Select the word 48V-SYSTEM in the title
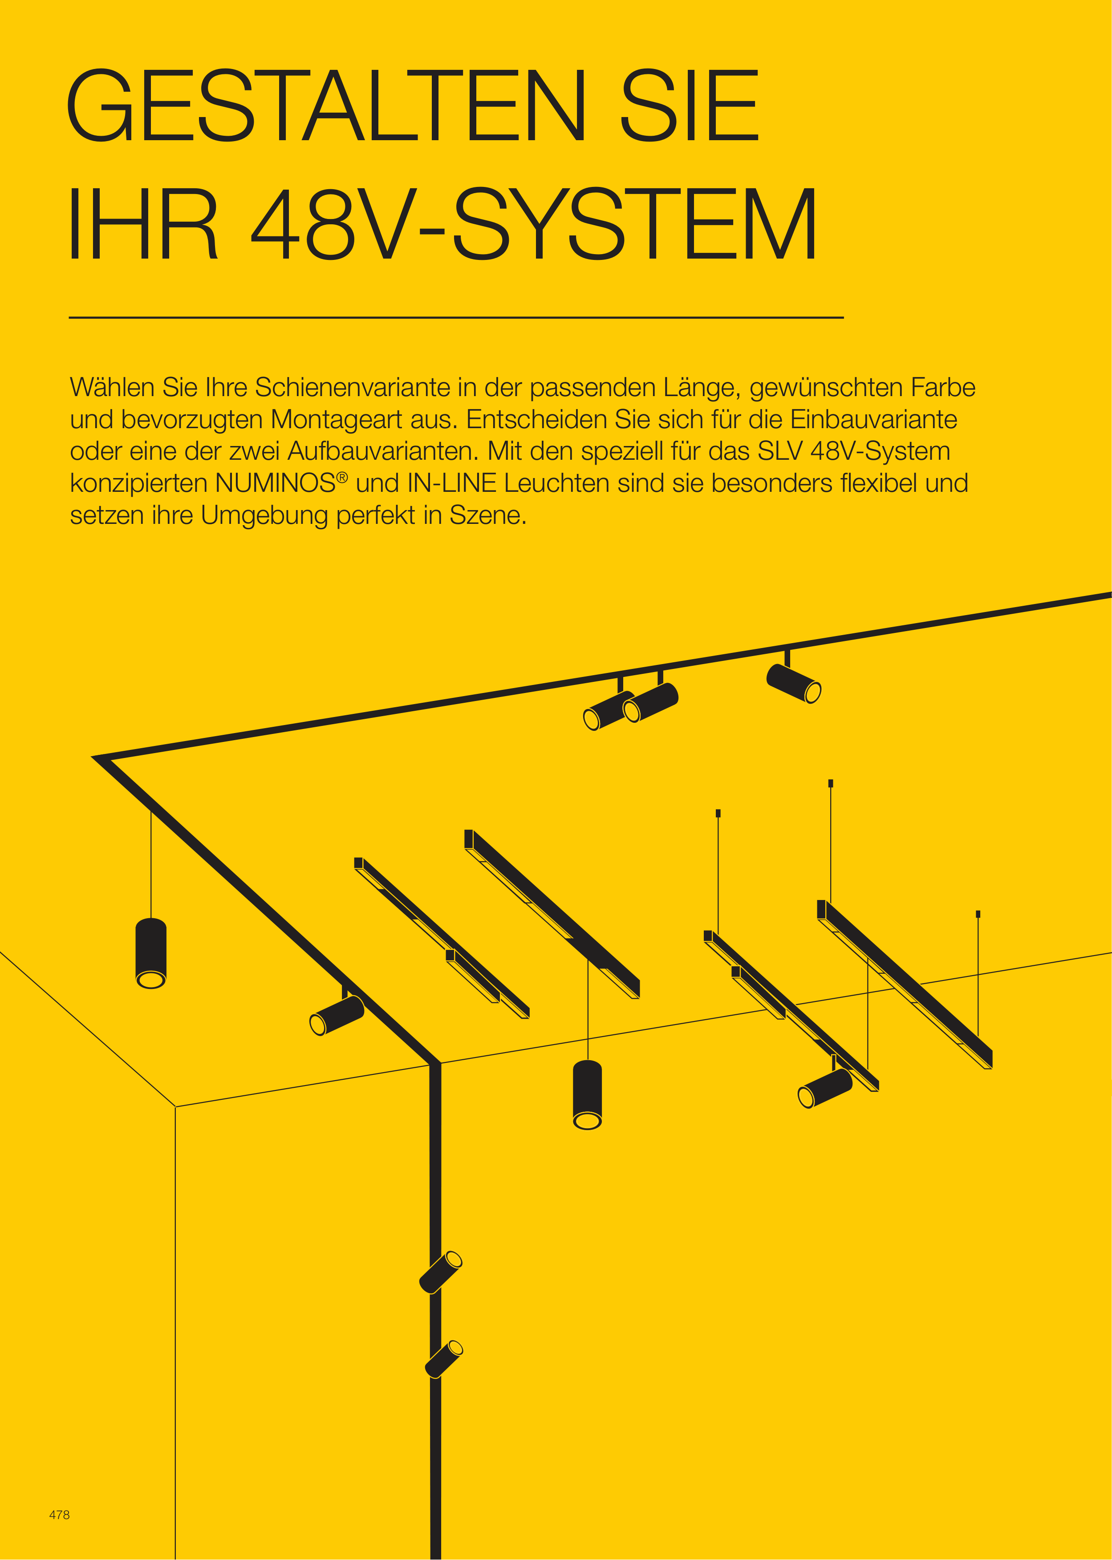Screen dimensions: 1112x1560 click(534, 223)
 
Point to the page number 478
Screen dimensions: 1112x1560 click(60, 1515)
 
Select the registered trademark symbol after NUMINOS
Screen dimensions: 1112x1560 click(342, 477)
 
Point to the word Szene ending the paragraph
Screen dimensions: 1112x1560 click(488, 515)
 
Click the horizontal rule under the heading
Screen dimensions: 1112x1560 click(456, 318)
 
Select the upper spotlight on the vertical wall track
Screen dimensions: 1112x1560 click(440, 1272)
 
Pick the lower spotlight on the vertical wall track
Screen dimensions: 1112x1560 click(444, 1359)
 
